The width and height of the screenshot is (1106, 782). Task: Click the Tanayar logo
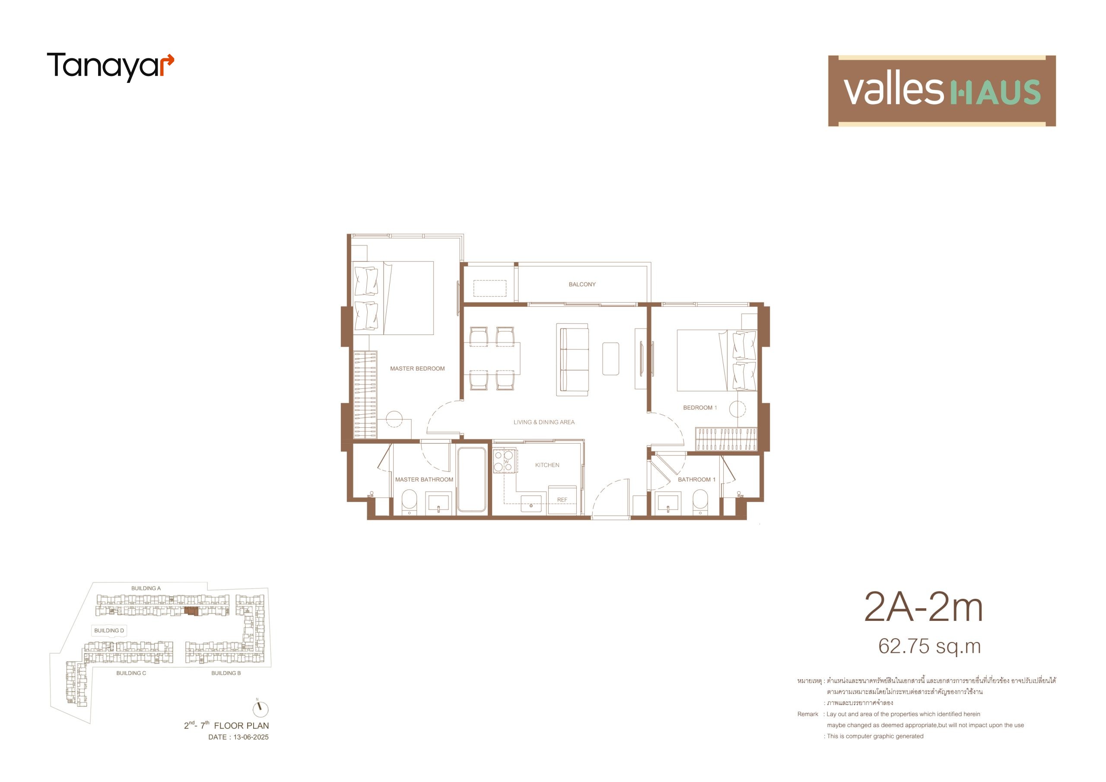click(x=110, y=67)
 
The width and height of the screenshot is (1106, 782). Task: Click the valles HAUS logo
click(x=942, y=91)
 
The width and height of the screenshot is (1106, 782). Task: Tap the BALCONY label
click(x=582, y=285)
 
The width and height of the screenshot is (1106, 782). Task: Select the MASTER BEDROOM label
click(x=417, y=369)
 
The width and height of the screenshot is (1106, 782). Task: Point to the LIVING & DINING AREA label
click(x=544, y=422)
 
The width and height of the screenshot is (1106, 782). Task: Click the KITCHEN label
click(x=547, y=465)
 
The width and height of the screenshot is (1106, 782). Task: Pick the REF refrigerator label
click(x=562, y=499)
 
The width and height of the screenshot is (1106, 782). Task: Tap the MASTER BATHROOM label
click(x=424, y=480)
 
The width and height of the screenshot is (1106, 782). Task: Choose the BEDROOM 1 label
click(x=700, y=407)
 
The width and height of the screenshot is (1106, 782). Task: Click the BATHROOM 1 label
click(x=696, y=480)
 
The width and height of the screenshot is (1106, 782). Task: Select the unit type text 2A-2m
click(x=923, y=607)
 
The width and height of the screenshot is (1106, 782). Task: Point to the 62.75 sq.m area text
click(x=929, y=647)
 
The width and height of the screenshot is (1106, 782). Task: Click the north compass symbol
click(x=261, y=709)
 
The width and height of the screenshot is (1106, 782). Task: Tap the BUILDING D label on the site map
click(x=109, y=630)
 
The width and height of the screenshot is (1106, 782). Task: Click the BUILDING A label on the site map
click(x=146, y=588)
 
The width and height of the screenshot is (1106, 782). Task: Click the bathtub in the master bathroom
click(x=472, y=480)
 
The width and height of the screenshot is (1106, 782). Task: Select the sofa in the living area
click(x=572, y=359)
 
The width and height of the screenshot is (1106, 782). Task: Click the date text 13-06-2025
click(x=251, y=737)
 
